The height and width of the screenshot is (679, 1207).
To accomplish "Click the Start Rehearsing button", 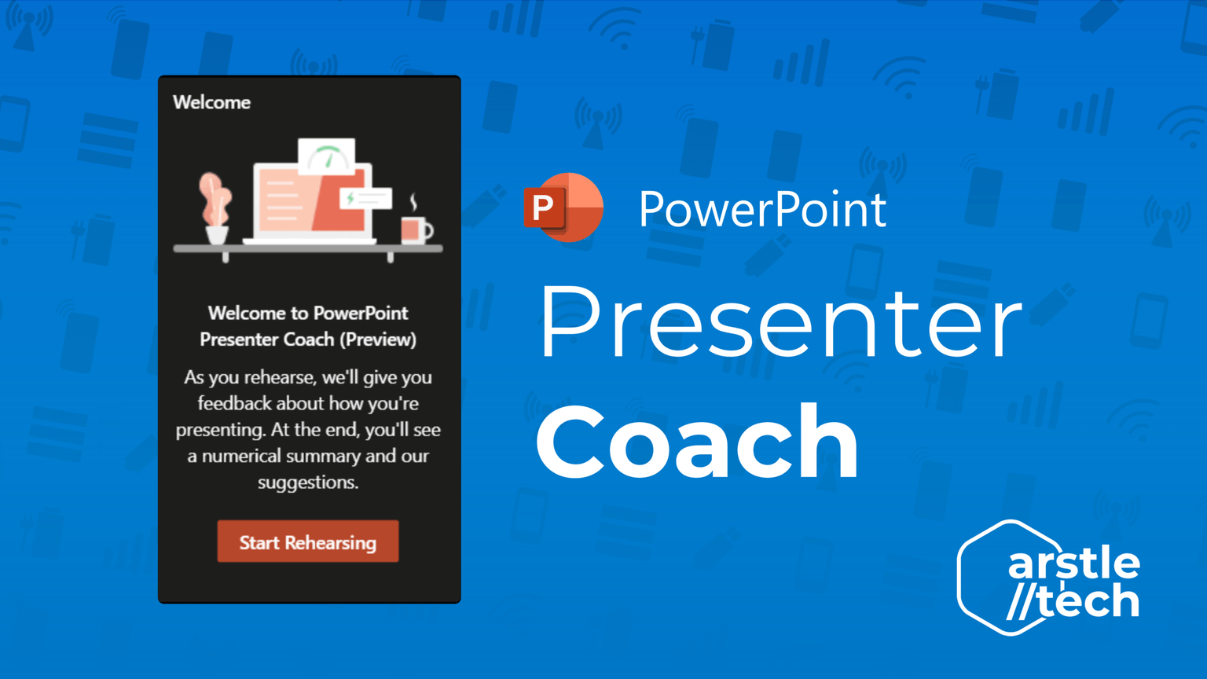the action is pos(308,541).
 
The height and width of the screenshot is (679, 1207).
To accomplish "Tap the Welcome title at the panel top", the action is pos(211,102).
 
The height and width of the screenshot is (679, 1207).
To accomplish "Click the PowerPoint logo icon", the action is pos(563,207).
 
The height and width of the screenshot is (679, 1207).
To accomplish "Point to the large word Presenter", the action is pos(781,322).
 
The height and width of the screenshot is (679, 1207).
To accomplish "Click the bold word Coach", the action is pos(697,441).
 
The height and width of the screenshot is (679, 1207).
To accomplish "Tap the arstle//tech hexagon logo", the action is pos(1048,578).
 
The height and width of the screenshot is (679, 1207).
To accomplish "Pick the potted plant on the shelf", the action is pos(215,208).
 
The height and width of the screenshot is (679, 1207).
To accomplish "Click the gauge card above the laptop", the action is pos(327,156).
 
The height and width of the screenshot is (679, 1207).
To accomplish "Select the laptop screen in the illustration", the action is pos(313,200).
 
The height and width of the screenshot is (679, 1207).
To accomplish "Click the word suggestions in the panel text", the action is pos(308,483).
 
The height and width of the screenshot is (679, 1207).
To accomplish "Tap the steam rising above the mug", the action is pos(413,202).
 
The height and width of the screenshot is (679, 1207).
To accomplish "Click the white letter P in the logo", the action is pos(543,207).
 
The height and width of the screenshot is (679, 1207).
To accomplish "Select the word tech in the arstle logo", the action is pos(1088,600).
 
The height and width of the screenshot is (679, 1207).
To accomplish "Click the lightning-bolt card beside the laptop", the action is pos(366,198).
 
